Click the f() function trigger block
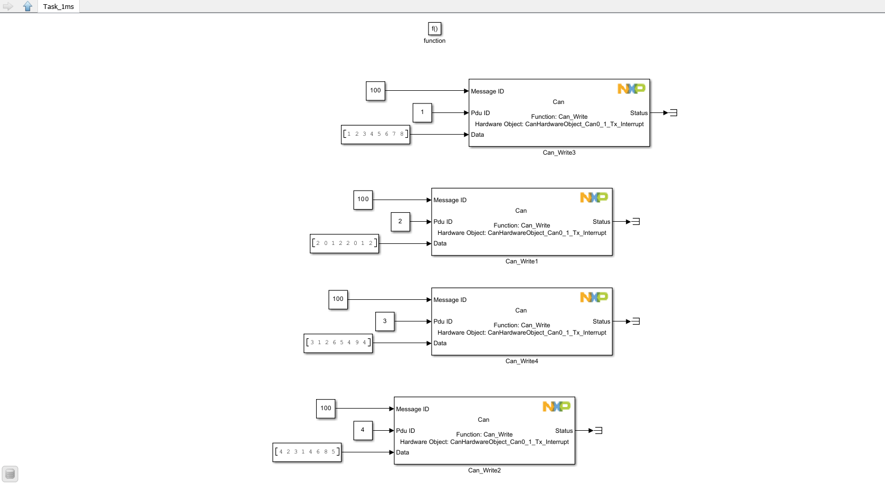(x=434, y=29)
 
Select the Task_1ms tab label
(x=59, y=7)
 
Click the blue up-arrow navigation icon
(x=27, y=6)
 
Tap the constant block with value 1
(x=422, y=112)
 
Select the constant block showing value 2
(x=400, y=222)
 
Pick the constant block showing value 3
(x=385, y=321)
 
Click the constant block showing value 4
(x=363, y=430)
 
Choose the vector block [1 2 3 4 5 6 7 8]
(x=375, y=134)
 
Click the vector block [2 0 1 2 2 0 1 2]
(x=344, y=243)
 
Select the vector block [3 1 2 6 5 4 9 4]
(x=338, y=343)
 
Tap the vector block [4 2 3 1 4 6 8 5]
(x=307, y=452)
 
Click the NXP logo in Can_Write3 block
(x=631, y=89)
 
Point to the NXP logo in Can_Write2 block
(x=556, y=406)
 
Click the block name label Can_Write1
(x=521, y=261)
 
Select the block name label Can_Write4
(x=521, y=361)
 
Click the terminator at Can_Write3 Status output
(x=673, y=112)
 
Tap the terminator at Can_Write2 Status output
(x=598, y=431)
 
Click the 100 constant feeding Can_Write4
(x=338, y=299)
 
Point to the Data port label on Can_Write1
(x=440, y=243)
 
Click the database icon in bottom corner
(x=10, y=473)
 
